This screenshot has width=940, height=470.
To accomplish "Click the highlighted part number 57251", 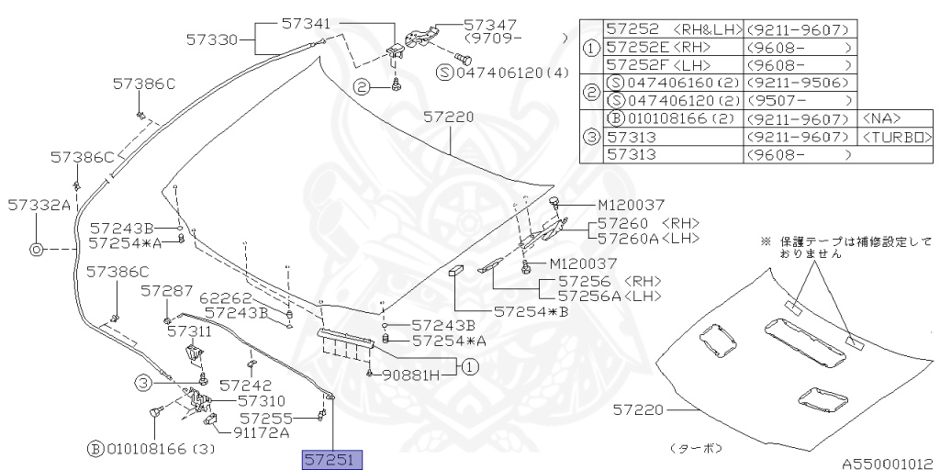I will click(333, 458).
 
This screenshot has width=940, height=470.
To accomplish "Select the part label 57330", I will click(212, 39).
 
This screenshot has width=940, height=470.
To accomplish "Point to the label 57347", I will click(492, 25).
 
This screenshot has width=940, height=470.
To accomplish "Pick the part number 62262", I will click(225, 297).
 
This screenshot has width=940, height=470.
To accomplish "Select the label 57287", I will click(167, 290).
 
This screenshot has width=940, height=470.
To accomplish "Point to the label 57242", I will click(246, 386).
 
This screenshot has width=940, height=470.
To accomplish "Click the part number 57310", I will click(262, 401).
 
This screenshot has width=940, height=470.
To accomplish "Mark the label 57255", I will click(266, 418).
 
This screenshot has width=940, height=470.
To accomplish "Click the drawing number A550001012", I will click(888, 463).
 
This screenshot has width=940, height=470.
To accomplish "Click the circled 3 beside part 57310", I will click(143, 383).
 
